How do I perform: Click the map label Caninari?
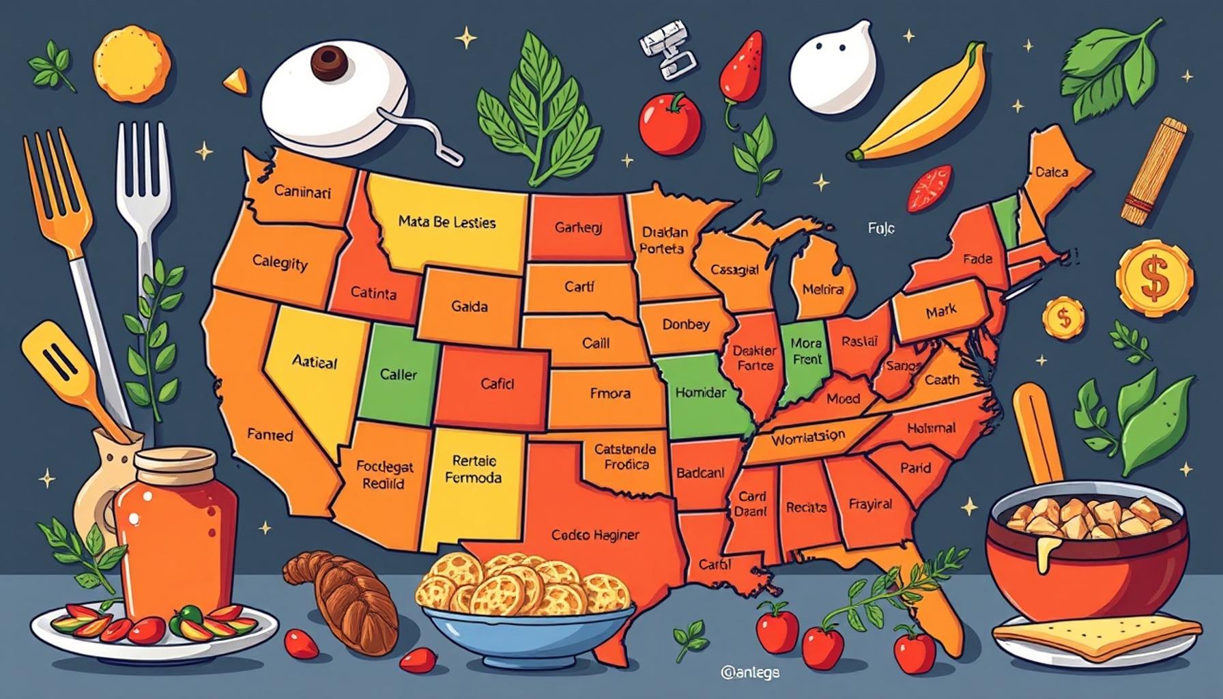[302, 192]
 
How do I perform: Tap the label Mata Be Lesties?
[447, 222]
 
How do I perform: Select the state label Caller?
[399, 374]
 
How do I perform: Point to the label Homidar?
[701, 393]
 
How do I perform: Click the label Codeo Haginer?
[595, 535]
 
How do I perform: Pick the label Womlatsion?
[808, 438]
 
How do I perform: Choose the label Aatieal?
[314, 362]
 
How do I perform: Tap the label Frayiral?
[870, 504]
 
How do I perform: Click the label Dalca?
[1052, 172]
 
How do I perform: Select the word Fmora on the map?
[610, 393]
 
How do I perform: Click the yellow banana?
[921, 109]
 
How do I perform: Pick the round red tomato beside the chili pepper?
[670, 123]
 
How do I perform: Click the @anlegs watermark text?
[749, 672]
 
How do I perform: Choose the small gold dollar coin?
[1063, 317]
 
